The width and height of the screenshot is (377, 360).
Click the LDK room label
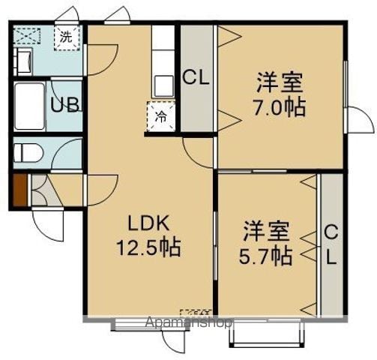(x=149, y=223)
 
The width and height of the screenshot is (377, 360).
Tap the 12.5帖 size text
(x=148, y=247)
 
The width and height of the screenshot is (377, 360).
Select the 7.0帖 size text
(x=280, y=107)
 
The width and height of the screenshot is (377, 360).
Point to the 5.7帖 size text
(x=265, y=256)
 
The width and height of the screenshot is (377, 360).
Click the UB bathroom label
(x=65, y=105)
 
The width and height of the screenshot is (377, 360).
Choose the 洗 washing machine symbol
(x=67, y=37)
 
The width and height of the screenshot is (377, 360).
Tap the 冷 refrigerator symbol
(x=161, y=116)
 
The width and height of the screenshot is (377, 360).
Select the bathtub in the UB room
(x=29, y=106)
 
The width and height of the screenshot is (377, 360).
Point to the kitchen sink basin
(x=163, y=85)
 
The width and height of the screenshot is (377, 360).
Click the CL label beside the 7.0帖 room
(x=196, y=78)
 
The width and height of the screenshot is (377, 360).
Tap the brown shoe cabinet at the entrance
(x=19, y=190)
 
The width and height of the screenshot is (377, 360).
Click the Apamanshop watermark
(x=189, y=322)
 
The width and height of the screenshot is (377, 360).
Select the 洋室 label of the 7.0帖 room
(x=280, y=82)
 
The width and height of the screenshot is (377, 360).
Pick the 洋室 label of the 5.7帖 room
(x=266, y=231)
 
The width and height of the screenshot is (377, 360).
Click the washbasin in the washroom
(x=23, y=61)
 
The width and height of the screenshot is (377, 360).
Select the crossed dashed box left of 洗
(x=27, y=36)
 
